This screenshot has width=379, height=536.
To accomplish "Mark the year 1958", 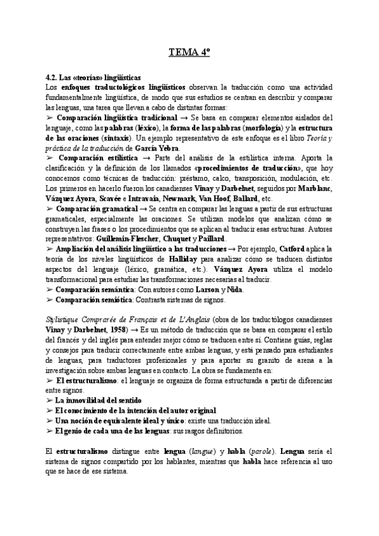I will click(112, 330).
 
